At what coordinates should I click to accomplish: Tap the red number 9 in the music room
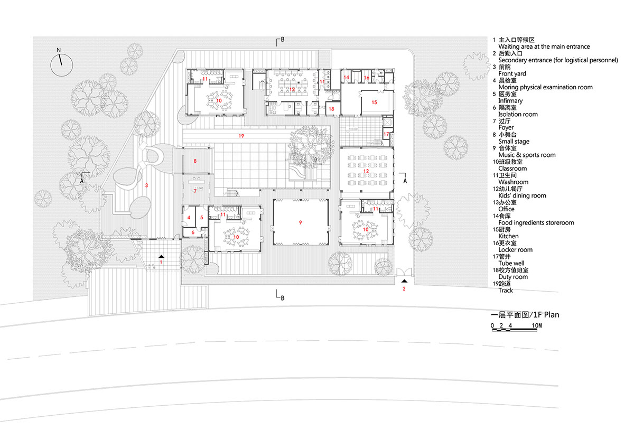[300, 222]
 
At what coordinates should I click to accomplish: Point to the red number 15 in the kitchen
[374, 101]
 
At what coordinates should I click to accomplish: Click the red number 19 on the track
[241, 136]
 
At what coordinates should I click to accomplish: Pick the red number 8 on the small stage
[194, 161]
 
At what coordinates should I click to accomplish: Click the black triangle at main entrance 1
[162, 256]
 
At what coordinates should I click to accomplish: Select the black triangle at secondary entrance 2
[404, 282]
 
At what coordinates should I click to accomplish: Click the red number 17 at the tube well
[386, 134]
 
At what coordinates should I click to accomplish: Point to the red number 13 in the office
[292, 89]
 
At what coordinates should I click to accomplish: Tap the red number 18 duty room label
[331, 109]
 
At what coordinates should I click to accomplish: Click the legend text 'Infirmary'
[510, 101]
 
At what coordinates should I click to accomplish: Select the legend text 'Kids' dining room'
[522, 196]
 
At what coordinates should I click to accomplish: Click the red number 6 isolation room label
[193, 232]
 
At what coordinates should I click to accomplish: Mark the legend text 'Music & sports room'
[527, 155]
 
